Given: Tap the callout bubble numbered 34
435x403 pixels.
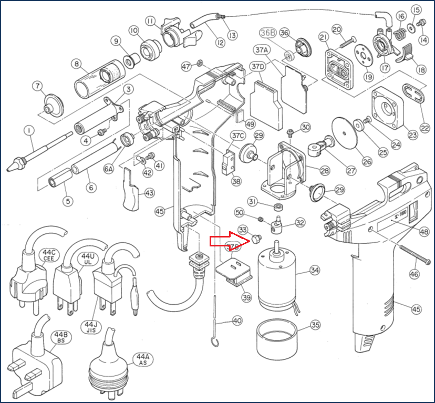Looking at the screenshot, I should (314, 271).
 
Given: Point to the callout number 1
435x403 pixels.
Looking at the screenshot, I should (28, 129).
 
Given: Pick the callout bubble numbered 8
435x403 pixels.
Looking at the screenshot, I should (77, 64).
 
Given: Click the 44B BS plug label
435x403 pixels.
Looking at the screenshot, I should (58, 337).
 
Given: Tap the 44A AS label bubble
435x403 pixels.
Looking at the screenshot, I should (142, 360).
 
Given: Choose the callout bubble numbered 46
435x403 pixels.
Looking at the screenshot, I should (415, 274).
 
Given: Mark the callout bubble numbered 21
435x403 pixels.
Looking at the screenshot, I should (324, 37).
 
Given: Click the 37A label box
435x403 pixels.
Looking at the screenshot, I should (261, 50).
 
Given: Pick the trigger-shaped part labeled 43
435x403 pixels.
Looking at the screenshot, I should (132, 193).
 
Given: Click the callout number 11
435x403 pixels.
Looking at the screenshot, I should (151, 21).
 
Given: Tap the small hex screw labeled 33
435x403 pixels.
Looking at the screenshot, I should (256, 240).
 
